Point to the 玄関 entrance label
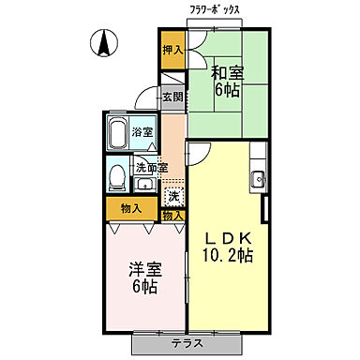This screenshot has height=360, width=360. pos(172,97)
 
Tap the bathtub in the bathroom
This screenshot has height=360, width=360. pos(119,135)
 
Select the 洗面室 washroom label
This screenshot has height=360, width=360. pos(151,168)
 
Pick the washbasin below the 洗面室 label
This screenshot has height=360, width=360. pos(144,183)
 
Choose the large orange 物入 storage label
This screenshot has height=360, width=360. pos(131,209)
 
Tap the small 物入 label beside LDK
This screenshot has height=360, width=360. pos(172,216)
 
